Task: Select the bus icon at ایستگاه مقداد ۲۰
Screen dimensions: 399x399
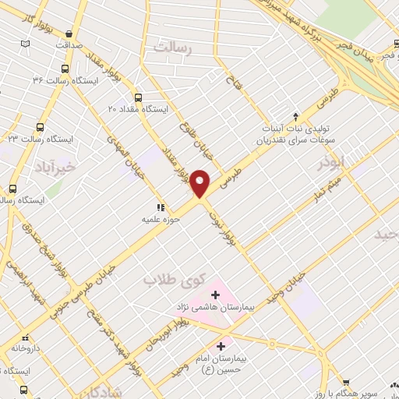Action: [139, 97]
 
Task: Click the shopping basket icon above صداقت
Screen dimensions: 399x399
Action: [71, 34]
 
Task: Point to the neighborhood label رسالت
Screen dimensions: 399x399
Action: [173, 48]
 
